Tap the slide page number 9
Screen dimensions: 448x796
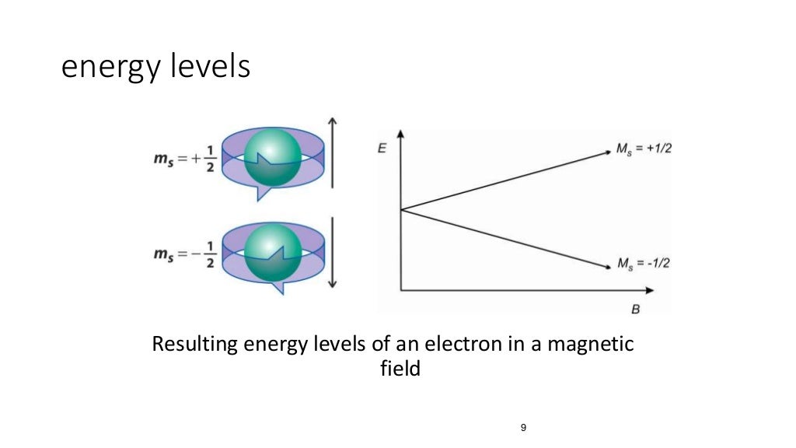tap(523, 428)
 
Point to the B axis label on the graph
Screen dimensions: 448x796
tap(635, 310)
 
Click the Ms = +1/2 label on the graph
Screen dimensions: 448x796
tap(644, 148)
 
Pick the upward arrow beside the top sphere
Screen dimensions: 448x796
tap(332, 152)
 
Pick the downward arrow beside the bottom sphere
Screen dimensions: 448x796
tap(332, 253)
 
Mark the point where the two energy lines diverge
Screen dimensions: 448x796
tap(400, 209)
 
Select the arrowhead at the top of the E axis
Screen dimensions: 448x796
tap(400, 133)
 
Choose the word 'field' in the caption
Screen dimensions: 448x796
tap(397, 368)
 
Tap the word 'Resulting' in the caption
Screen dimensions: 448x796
tap(194, 344)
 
